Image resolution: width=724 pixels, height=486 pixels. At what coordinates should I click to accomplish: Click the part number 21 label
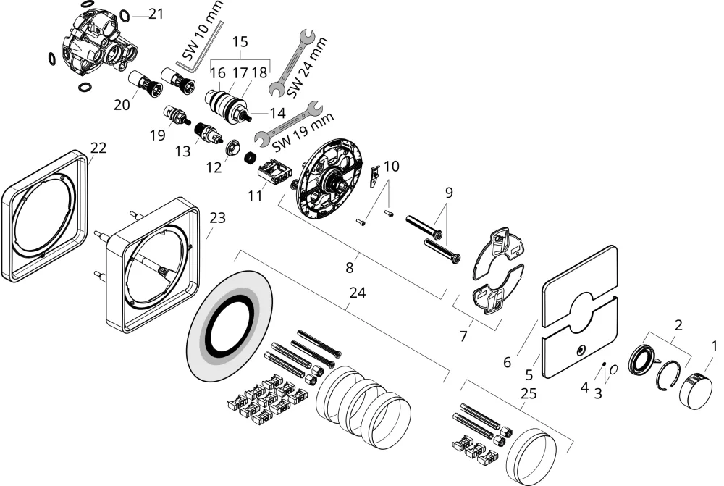coord(156,14)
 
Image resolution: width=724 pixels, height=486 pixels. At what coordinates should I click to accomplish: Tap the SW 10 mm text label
coord(202,30)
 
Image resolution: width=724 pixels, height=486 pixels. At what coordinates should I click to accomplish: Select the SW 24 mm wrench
coord(292,63)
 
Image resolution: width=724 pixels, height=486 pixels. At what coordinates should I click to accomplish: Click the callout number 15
coord(240,41)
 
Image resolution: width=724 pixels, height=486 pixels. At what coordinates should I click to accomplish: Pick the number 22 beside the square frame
coord(98,148)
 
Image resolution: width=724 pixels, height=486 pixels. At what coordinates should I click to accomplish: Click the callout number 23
coord(217,217)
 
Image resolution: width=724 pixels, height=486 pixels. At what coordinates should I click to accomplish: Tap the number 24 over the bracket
coord(358,293)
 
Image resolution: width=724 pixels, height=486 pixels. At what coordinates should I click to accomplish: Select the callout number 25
coord(529,393)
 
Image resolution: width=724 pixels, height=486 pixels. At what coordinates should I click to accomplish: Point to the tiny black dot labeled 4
coord(604,364)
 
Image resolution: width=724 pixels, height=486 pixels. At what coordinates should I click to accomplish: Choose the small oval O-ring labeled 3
coord(614,369)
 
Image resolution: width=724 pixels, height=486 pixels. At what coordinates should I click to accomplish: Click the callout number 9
coord(450,192)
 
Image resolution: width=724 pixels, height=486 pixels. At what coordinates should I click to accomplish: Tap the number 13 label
coord(183,151)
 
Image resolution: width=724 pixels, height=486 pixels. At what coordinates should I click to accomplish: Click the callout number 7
coord(463,336)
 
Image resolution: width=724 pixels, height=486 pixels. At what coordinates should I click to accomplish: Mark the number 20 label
coord(122,105)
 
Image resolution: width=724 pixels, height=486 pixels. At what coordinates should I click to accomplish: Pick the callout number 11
coord(255,196)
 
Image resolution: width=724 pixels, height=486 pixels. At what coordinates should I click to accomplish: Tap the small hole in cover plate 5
coord(580,351)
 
